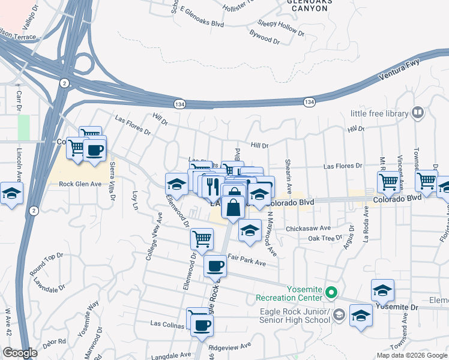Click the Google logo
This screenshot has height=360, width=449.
pos(20,353)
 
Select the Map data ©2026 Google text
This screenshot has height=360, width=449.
pos(411,355)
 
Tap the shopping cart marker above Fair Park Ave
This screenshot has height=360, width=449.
pos(202,239)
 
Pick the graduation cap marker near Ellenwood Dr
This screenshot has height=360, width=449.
pos(176,183)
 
